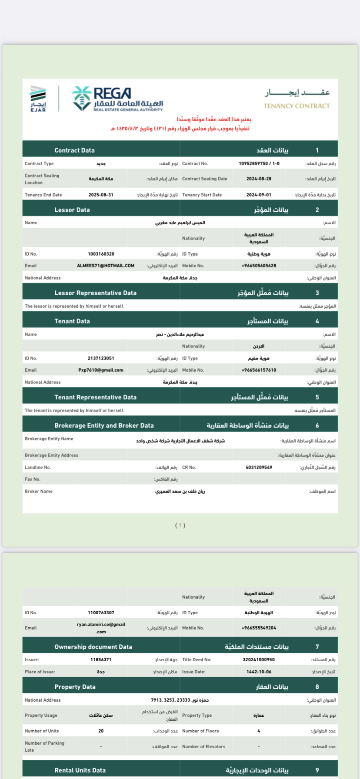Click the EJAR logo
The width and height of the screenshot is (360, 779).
(38, 98)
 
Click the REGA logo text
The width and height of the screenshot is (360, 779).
(112, 93)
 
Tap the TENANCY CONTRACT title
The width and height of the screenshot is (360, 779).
(297, 106)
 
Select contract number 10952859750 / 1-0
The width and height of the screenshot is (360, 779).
(259, 163)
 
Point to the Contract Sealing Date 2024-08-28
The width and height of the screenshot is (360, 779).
(259, 179)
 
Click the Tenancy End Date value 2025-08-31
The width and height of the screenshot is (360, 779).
(101, 195)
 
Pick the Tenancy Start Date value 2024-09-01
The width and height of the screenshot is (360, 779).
(259, 195)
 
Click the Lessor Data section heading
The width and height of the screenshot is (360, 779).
(72, 210)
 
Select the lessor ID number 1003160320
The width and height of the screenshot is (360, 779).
(101, 254)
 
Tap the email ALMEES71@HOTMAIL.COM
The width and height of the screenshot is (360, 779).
(106, 266)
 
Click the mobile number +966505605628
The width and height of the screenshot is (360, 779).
(259, 266)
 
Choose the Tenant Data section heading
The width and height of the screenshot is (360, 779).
(72, 321)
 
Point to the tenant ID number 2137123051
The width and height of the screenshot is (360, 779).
(101, 358)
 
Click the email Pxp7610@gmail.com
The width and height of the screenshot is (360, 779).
(101, 370)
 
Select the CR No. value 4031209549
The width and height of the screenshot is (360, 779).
(259, 467)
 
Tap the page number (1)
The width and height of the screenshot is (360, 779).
(180, 525)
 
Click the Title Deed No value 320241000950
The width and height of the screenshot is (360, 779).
(259, 659)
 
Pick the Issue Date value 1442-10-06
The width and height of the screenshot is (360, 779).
(259, 672)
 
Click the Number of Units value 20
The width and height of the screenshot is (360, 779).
(101, 731)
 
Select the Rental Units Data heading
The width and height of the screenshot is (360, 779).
(80, 770)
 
